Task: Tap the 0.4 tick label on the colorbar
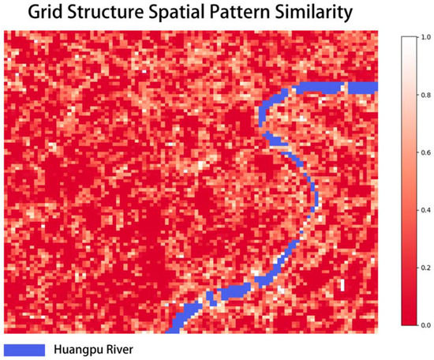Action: tap(427, 210)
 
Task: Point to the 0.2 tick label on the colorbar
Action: tap(427, 268)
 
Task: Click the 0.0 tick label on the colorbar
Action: tap(427, 324)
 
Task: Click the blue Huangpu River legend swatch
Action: tap(24, 348)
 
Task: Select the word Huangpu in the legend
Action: tap(75, 348)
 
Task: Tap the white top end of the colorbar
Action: tap(407, 39)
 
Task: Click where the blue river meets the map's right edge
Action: tap(376, 88)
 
